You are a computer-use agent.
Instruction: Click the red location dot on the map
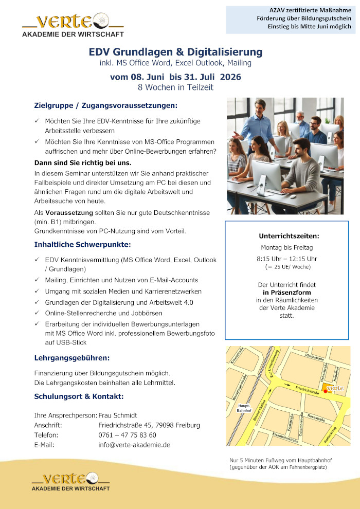(325, 391)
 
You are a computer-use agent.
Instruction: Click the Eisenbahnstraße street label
(285, 438)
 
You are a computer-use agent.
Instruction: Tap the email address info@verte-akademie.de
(134, 445)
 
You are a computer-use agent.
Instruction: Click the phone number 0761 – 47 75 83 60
(127, 435)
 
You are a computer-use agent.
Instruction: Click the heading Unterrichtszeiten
(289, 236)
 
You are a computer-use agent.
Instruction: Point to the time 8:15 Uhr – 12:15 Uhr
(287, 258)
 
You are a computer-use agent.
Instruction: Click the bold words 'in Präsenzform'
(287, 292)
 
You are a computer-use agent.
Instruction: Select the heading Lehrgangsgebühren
(71, 357)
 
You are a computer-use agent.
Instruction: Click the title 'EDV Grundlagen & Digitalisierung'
(175, 52)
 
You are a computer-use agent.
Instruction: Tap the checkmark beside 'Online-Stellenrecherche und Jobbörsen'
(37, 313)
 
